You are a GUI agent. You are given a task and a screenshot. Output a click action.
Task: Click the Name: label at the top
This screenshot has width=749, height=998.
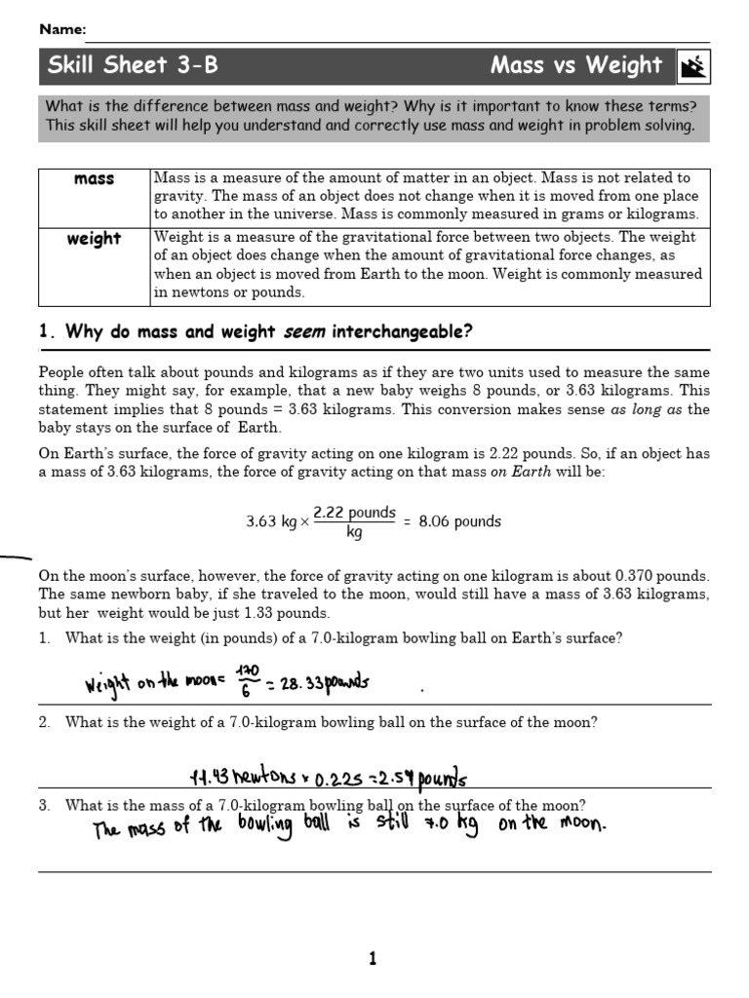(62, 29)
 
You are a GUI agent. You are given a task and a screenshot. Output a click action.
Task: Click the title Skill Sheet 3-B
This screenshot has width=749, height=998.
(133, 66)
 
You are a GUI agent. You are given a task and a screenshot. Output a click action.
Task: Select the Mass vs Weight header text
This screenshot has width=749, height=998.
(575, 66)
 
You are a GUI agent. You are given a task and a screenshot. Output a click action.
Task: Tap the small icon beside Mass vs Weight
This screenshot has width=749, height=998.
(693, 67)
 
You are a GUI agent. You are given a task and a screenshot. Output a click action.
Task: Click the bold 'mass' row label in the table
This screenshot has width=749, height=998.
(94, 179)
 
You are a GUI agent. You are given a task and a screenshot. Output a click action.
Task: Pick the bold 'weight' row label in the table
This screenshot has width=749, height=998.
(94, 239)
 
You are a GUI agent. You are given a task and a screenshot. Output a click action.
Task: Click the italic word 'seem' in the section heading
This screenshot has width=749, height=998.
(303, 332)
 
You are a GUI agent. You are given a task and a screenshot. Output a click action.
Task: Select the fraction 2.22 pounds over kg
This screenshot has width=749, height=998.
(354, 521)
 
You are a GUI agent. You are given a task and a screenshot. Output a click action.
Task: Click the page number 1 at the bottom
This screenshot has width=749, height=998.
(373, 960)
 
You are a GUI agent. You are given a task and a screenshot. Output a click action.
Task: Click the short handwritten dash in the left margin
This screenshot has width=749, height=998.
(15, 558)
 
